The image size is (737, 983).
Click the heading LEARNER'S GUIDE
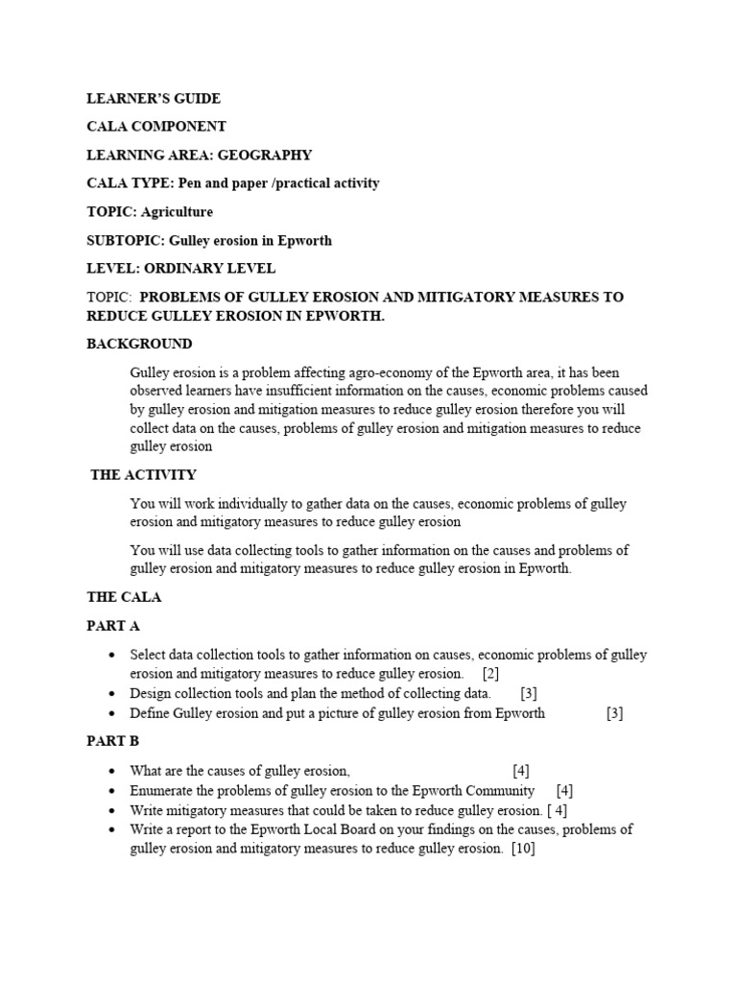154,98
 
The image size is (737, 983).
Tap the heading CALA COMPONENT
156,127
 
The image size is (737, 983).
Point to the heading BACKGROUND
139,344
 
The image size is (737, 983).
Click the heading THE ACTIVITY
143,474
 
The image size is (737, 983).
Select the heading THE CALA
124,597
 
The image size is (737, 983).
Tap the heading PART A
113,626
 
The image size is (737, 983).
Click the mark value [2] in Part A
490,674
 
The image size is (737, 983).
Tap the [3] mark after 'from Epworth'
614,713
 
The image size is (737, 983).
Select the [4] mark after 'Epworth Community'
564,790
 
